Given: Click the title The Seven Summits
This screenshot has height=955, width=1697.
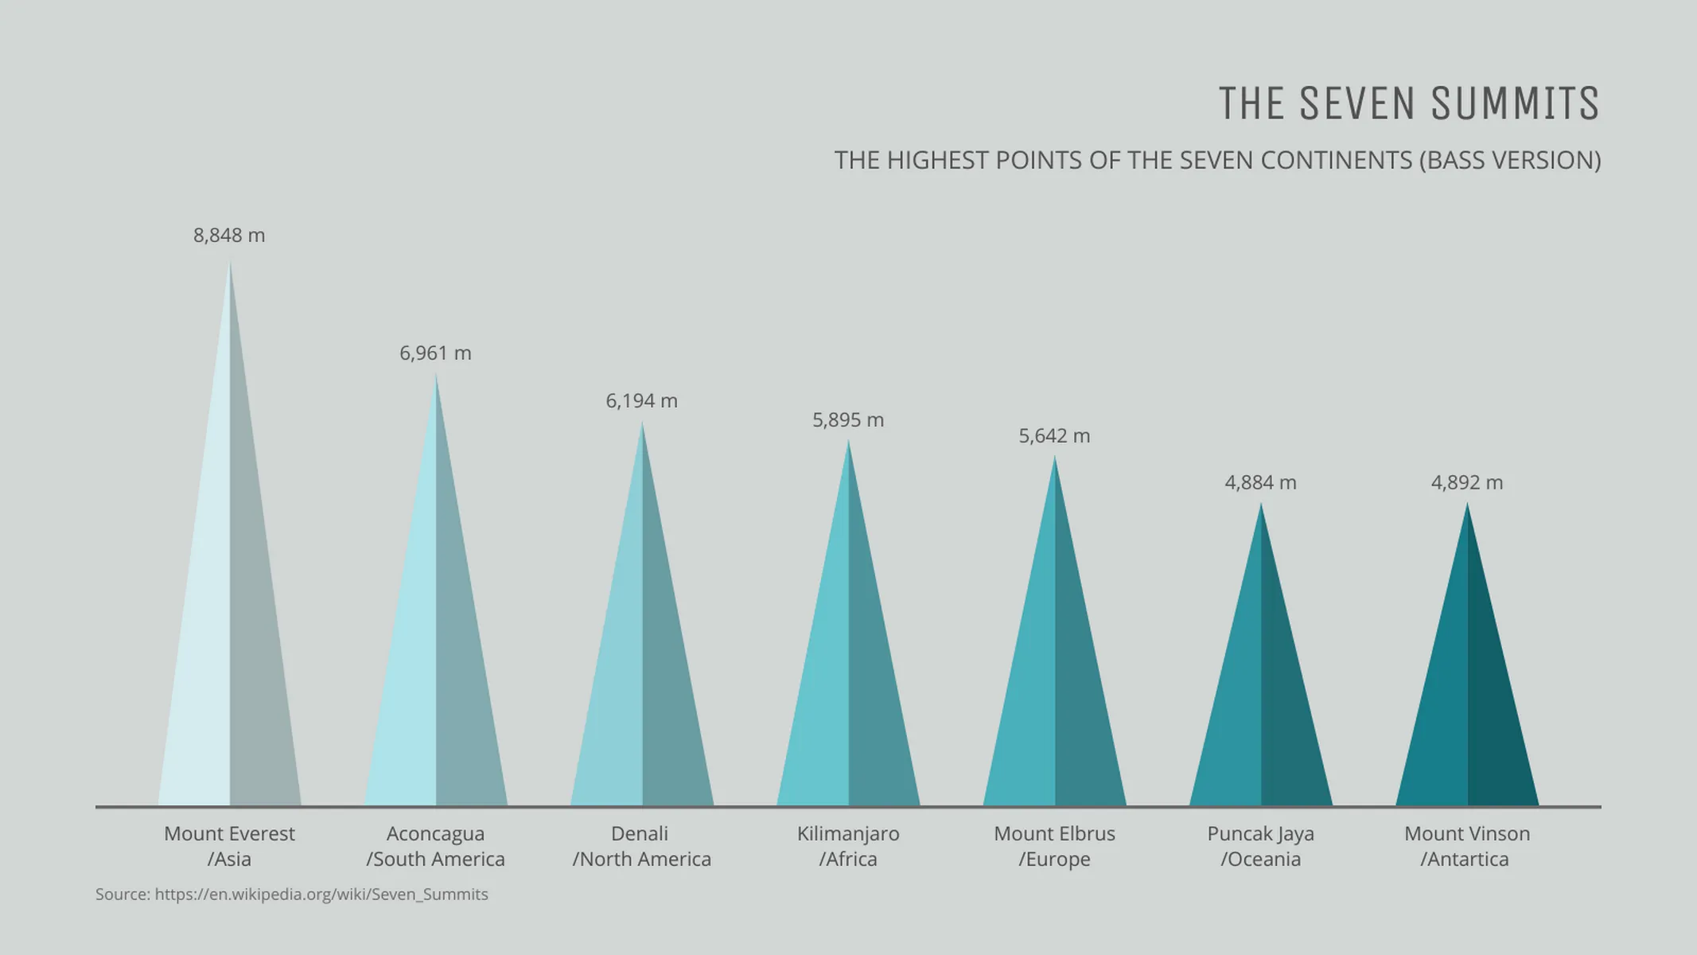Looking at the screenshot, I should [1408, 103].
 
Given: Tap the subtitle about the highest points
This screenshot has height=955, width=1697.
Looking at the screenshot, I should [1217, 161].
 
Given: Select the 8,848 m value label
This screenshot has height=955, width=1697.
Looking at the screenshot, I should [229, 236].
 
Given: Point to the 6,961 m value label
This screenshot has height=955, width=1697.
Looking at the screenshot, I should [435, 353].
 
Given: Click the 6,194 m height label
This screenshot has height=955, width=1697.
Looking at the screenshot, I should [641, 401].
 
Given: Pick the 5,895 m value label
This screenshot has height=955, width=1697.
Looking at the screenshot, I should [848, 420].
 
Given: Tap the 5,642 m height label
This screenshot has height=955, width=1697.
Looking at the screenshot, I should [1054, 436].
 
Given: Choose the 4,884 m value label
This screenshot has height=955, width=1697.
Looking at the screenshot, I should [1260, 483].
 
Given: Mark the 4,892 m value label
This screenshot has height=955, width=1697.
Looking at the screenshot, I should [1467, 483].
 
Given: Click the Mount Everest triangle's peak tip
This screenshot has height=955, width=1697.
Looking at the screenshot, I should [230, 264].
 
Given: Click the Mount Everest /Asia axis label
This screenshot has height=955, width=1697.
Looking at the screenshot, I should [229, 846].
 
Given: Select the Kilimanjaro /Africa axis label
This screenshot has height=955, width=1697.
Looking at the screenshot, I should [848, 846].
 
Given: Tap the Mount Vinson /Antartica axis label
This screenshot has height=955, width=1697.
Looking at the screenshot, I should [1466, 846].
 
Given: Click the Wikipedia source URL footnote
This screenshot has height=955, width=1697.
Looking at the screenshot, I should [321, 895].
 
